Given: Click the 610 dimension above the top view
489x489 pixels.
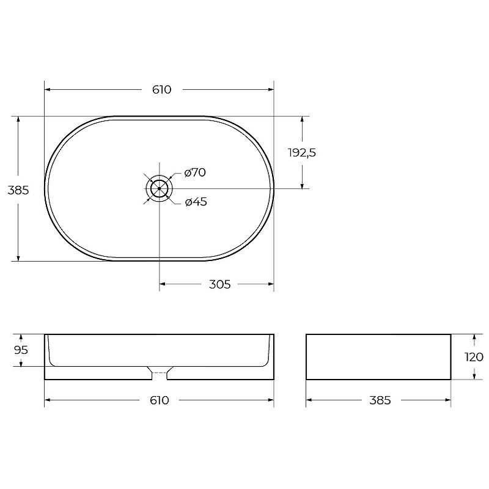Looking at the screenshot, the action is [x=162, y=90].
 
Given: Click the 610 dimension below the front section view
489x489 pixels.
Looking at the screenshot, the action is [x=160, y=400].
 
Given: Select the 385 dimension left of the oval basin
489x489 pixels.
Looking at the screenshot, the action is [x=18, y=190].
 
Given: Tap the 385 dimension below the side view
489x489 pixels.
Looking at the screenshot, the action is [x=380, y=400].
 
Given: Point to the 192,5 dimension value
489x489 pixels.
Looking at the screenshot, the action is [x=302, y=153].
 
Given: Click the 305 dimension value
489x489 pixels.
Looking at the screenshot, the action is [x=219, y=284].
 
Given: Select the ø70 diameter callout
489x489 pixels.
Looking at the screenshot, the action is [x=195, y=172].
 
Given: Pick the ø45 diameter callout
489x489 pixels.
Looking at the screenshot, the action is [x=196, y=202].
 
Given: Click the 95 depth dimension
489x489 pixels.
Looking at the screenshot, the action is [x=21, y=350].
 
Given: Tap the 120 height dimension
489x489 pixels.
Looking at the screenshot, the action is [x=474, y=357].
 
